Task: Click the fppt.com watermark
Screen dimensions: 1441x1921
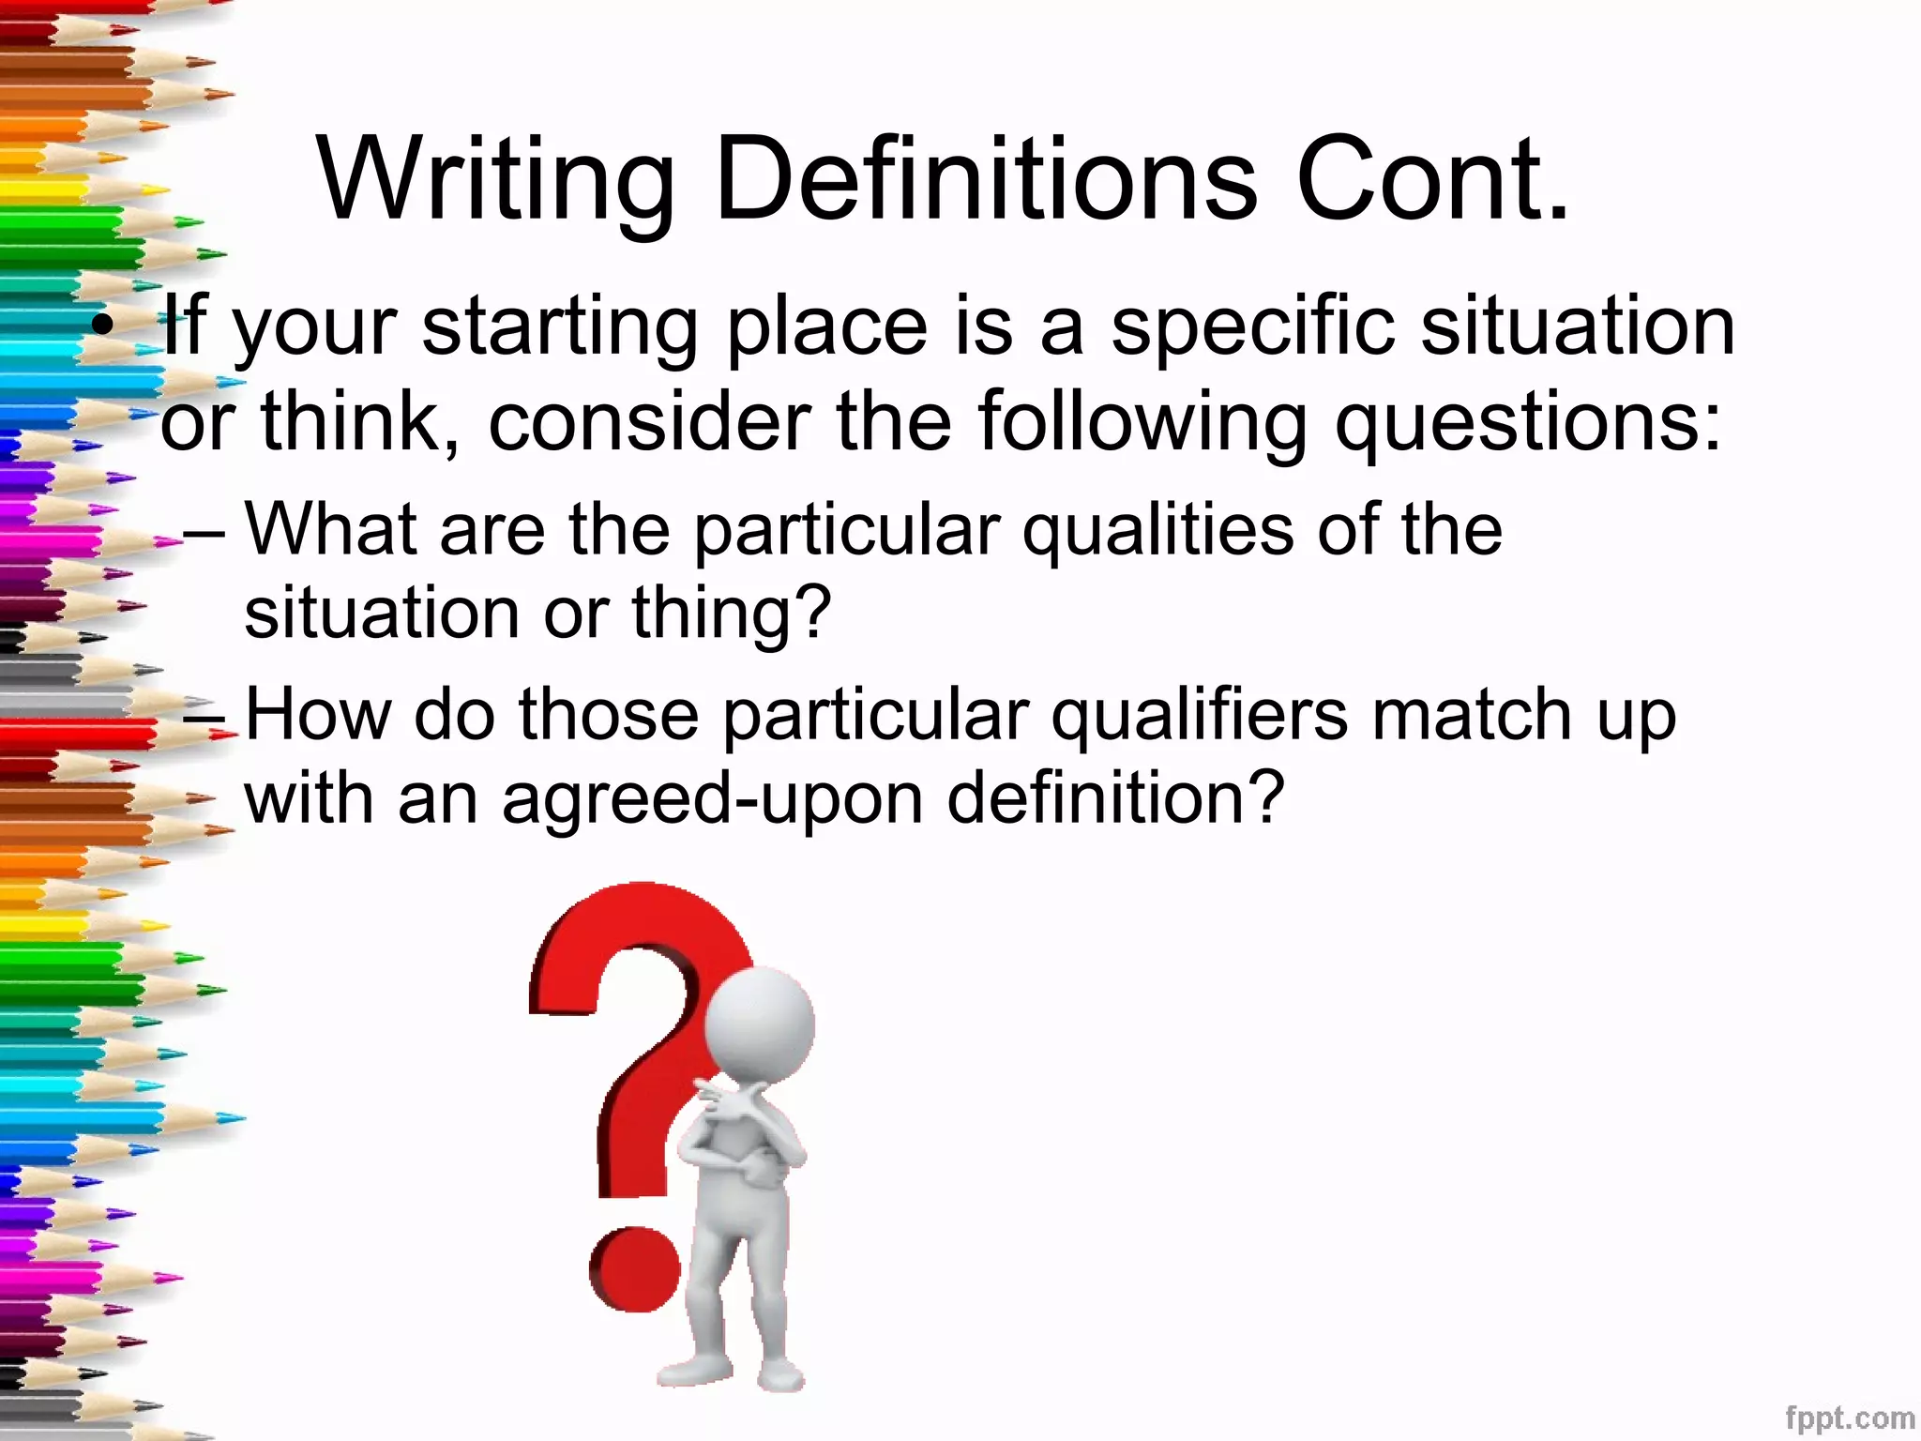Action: [1849, 1417]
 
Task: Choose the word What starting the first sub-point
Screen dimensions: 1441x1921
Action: [329, 529]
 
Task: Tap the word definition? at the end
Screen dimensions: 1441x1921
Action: [1114, 797]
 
